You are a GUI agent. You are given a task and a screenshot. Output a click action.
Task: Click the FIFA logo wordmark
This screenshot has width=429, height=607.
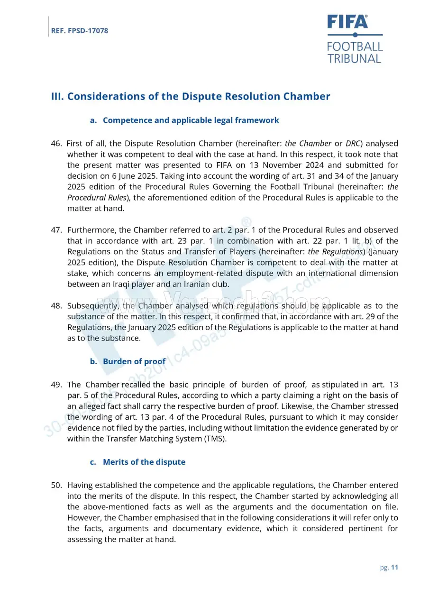click(x=347, y=22)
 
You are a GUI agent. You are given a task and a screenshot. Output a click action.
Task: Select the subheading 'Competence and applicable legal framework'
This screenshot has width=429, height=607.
click(x=191, y=120)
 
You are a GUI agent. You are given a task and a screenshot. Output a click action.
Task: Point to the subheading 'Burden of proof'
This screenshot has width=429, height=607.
click(x=134, y=361)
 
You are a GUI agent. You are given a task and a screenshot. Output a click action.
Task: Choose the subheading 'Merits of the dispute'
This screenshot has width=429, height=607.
click(x=144, y=462)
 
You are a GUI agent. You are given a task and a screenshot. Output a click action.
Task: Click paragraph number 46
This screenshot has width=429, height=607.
click(x=56, y=144)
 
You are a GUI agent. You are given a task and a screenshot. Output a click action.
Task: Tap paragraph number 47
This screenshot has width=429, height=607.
click(x=56, y=230)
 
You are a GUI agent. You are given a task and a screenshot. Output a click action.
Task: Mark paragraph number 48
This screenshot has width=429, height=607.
click(x=56, y=306)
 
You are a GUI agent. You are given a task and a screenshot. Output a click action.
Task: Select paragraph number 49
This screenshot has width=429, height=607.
click(x=56, y=385)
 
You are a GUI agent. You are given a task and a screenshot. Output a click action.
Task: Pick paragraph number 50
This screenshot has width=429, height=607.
click(x=56, y=485)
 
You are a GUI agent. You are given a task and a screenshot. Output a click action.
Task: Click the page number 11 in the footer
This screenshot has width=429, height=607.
click(x=394, y=568)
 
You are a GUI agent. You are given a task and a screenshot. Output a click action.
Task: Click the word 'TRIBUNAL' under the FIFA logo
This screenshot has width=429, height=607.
click(x=354, y=59)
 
